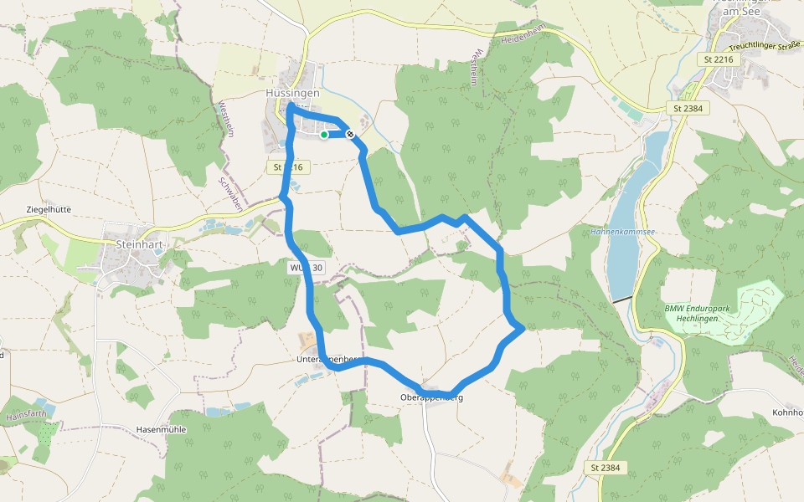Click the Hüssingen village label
coord(292,93)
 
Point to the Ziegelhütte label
coord(49,209)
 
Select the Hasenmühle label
coord(161,429)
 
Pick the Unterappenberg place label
coord(327,359)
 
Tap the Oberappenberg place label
coord(431,397)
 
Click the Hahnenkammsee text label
coord(622,232)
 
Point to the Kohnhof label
coord(787,412)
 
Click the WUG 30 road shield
coord(306,268)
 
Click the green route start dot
coord(324,134)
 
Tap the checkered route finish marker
coord(349,134)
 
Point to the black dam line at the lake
coord(621,299)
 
